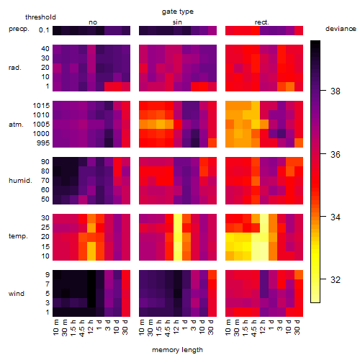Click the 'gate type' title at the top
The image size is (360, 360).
(178, 12)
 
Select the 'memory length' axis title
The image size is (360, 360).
(177, 350)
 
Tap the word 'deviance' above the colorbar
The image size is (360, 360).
(341, 29)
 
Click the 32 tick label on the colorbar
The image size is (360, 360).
(336, 279)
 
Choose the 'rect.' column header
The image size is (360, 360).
(261, 22)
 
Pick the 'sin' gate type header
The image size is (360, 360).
(177, 22)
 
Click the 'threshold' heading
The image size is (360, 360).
(40, 17)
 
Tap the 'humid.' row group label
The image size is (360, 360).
(20, 181)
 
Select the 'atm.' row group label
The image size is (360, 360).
(16, 125)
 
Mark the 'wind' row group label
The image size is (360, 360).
(17, 294)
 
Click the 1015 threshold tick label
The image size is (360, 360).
(41, 105)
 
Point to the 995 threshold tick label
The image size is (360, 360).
(43, 143)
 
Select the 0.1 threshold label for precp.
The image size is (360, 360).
(44, 30)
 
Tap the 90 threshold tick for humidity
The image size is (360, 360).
(45, 162)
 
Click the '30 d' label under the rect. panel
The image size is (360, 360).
(297, 327)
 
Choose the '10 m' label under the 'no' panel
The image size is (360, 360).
(55, 327)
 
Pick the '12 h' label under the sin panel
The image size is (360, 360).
(176, 327)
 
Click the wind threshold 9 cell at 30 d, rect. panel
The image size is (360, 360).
(299, 275)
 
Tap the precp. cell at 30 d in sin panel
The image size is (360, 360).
(212, 30)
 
